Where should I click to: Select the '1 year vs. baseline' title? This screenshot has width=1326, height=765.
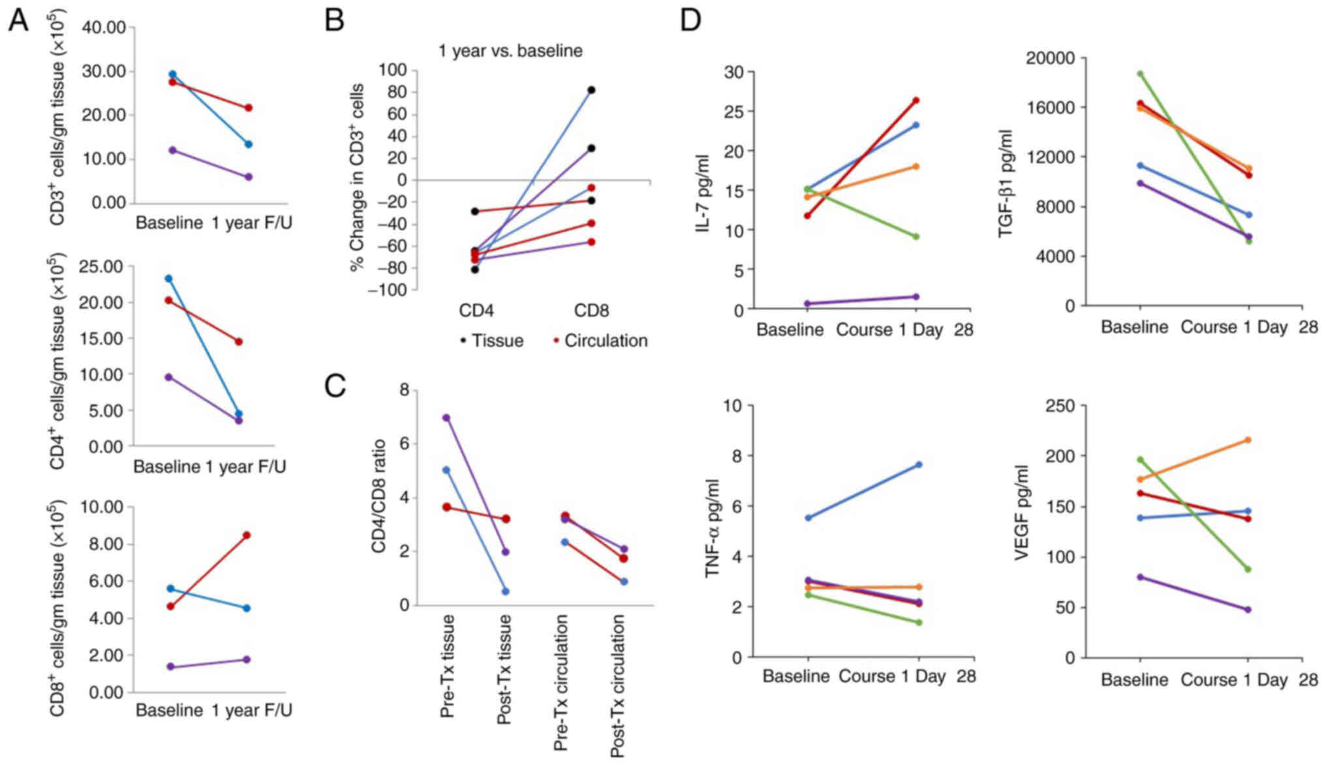pyautogui.click(x=510, y=51)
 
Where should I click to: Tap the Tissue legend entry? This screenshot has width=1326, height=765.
pyautogui.click(x=492, y=341)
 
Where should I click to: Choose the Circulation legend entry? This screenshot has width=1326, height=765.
pyautogui.click(x=600, y=341)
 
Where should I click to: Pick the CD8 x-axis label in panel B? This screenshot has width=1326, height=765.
pyautogui.click(x=591, y=311)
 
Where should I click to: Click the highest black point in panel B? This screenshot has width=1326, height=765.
pyautogui.click(x=591, y=90)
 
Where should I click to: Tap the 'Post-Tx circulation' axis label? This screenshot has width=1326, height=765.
pyautogui.click(x=617, y=685)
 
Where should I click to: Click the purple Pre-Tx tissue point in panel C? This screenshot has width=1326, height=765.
pyautogui.click(x=447, y=418)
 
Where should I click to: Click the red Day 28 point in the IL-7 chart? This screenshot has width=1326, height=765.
pyautogui.click(x=916, y=101)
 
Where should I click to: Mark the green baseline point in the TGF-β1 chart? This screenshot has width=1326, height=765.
pyautogui.click(x=1140, y=74)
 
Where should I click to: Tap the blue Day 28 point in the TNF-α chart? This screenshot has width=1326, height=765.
pyautogui.click(x=919, y=465)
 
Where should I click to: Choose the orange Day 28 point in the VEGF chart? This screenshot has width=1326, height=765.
pyautogui.click(x=1248, y=440)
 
